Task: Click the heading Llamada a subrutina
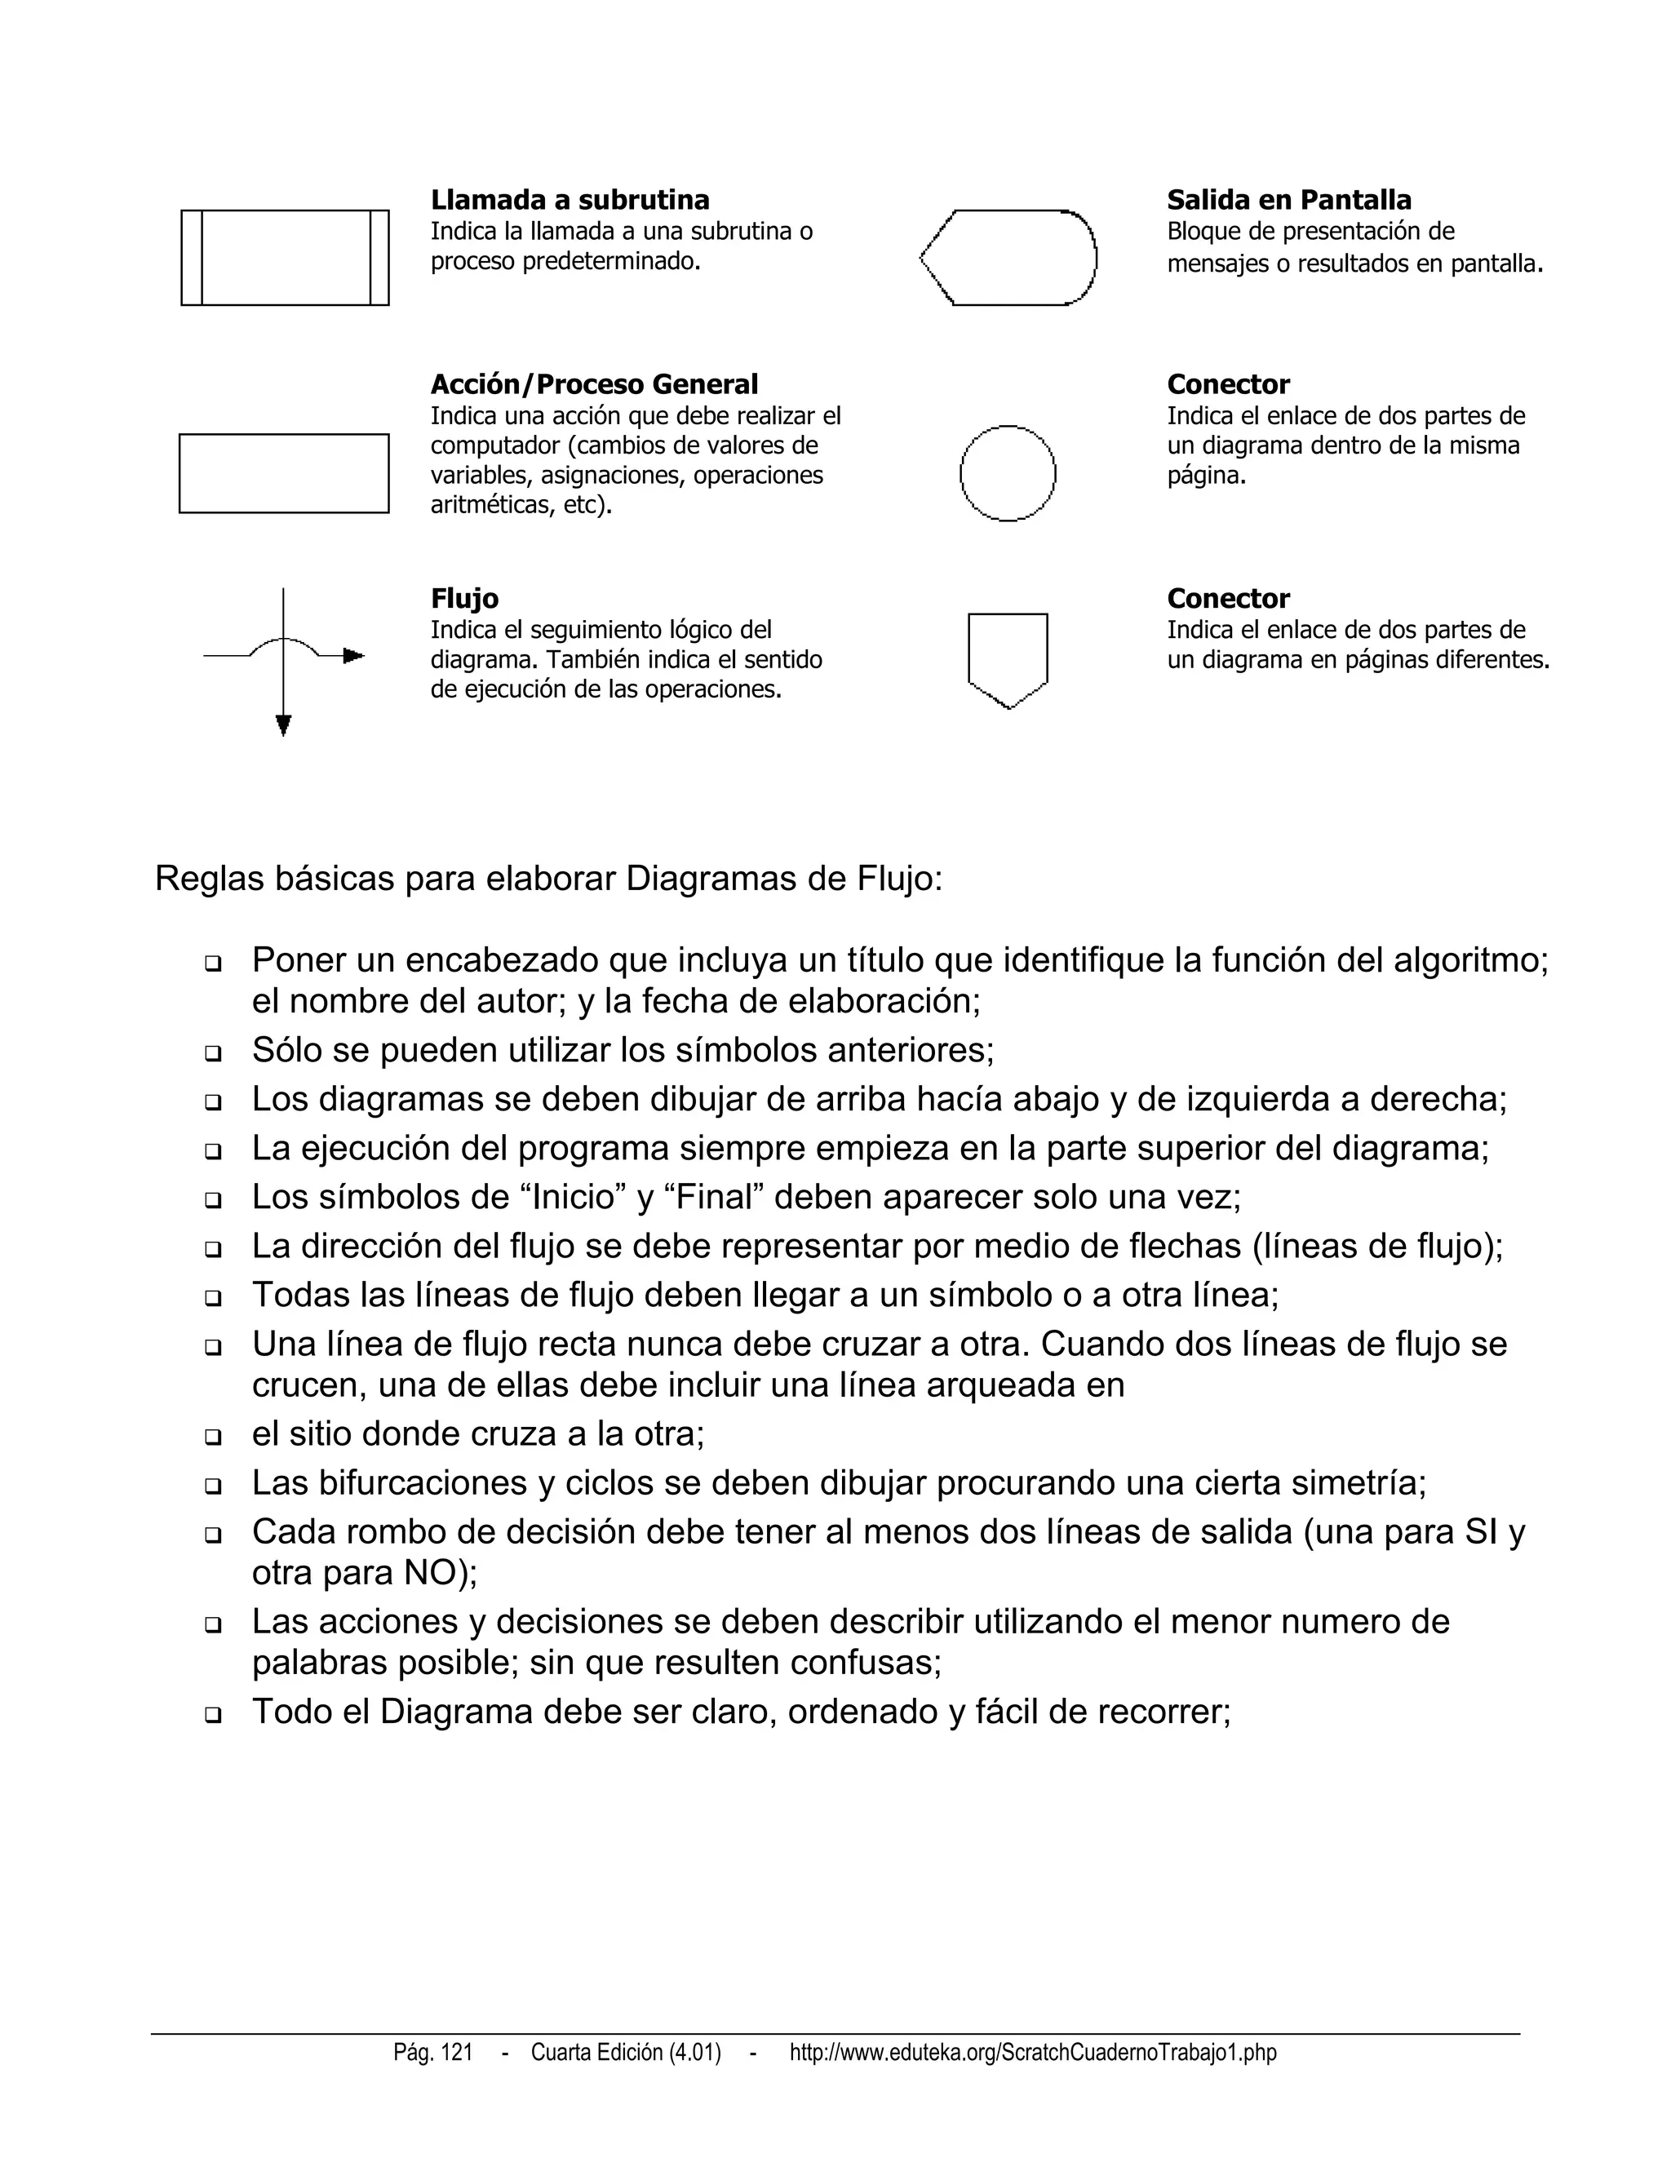click(x=570, y=200)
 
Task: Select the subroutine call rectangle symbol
click(x=285, y=257)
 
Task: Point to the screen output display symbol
click(x=1008, y=257)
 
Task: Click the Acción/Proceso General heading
click(x=594, y=384)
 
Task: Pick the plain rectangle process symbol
click(x=284, y=473)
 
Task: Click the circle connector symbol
click(x=1008, y=473)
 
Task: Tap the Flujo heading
click(x=464, y=598)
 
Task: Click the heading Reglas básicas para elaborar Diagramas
click(x=548, y=879)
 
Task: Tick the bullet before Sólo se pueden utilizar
click(x=213, y=1053)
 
